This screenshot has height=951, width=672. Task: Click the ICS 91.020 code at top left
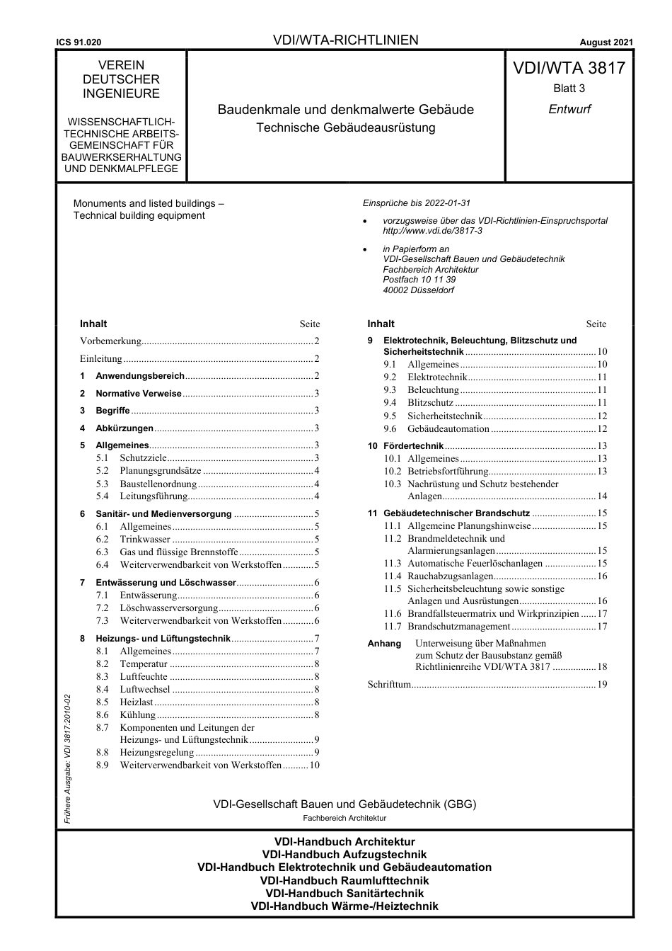point(79,42)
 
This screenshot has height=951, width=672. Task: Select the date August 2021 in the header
point(606,42)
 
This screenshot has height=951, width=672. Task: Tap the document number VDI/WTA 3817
point(569,68)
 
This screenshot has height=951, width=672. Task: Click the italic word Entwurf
point(569,109)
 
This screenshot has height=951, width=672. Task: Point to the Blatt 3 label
point(569,89)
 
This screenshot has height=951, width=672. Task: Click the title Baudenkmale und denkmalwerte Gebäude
point(345,110)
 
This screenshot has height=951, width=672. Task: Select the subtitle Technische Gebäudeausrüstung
point(345,128)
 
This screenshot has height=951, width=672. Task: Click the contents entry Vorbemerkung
point(111,341)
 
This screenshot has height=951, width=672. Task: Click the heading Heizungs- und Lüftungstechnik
point(163,639)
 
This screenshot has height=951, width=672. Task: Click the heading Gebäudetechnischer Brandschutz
point(456,513)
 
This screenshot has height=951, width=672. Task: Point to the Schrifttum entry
point(389,685)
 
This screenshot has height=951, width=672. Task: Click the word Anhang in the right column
point(384,644)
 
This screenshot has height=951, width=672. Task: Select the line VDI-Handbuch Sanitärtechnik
point(344,894)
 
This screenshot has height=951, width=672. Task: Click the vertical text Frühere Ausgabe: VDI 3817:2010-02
point(67,758)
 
